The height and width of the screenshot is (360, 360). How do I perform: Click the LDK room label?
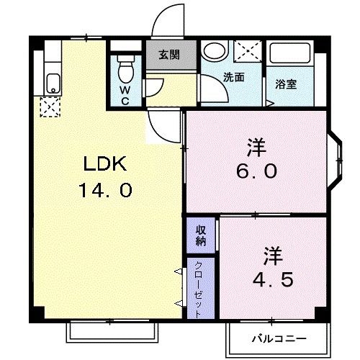pos(104,165)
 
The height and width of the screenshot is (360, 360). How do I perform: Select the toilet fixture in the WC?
pos(125,69)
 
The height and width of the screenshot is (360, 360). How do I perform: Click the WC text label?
pos(124,95)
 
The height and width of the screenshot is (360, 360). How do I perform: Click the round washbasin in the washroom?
pos(213,52)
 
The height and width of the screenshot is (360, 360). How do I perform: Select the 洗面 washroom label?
pos(233,77)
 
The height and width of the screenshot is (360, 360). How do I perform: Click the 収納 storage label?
pos(202,235)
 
